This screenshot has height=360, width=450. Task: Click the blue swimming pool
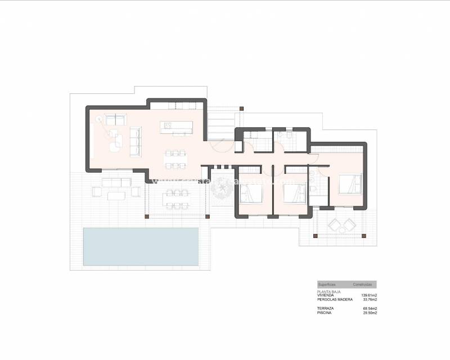pyautogui.click(x=141, y=246)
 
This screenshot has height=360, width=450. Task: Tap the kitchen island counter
pyautogui.click(x=175, y=127)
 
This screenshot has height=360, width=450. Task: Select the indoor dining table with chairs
pyautogui.click(x=176, y=159)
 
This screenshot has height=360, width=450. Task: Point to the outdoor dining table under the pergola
pyautogui.click(x=177, y=197)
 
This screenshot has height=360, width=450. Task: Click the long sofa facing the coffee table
pyautogui.click(x=136, y=141)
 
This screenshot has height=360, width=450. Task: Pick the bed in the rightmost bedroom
pyautogui.click(x=350, y=184)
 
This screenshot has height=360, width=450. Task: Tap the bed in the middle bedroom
pyautogui.click(x=293, y=193)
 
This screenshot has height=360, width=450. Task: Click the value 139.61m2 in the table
pyautogui.click(x=368, y=295)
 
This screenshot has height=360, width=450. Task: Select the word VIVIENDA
pyautogui.click(x=326, y=295)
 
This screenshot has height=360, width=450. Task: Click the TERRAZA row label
pyautogui.click(x=325, y=309)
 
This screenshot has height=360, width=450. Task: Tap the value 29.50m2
pyautogui.click(x=370, y=313)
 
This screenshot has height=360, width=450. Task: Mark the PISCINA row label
pyautogui.click(x=324, y=313)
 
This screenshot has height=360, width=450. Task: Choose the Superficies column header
pyautogui.click(x=327, y=285)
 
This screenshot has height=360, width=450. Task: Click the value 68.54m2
pyautogui.click(x=370, y=309)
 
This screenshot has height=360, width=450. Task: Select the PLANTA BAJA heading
pyautogui.click(x=329, y=291)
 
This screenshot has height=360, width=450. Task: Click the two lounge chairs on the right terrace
pyautogui.click(x=341, y=225)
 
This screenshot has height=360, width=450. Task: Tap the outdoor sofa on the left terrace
pyautogui.click(x=116, y=182)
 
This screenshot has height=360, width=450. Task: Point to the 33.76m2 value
pyautogui.click(x=370, y=300)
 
